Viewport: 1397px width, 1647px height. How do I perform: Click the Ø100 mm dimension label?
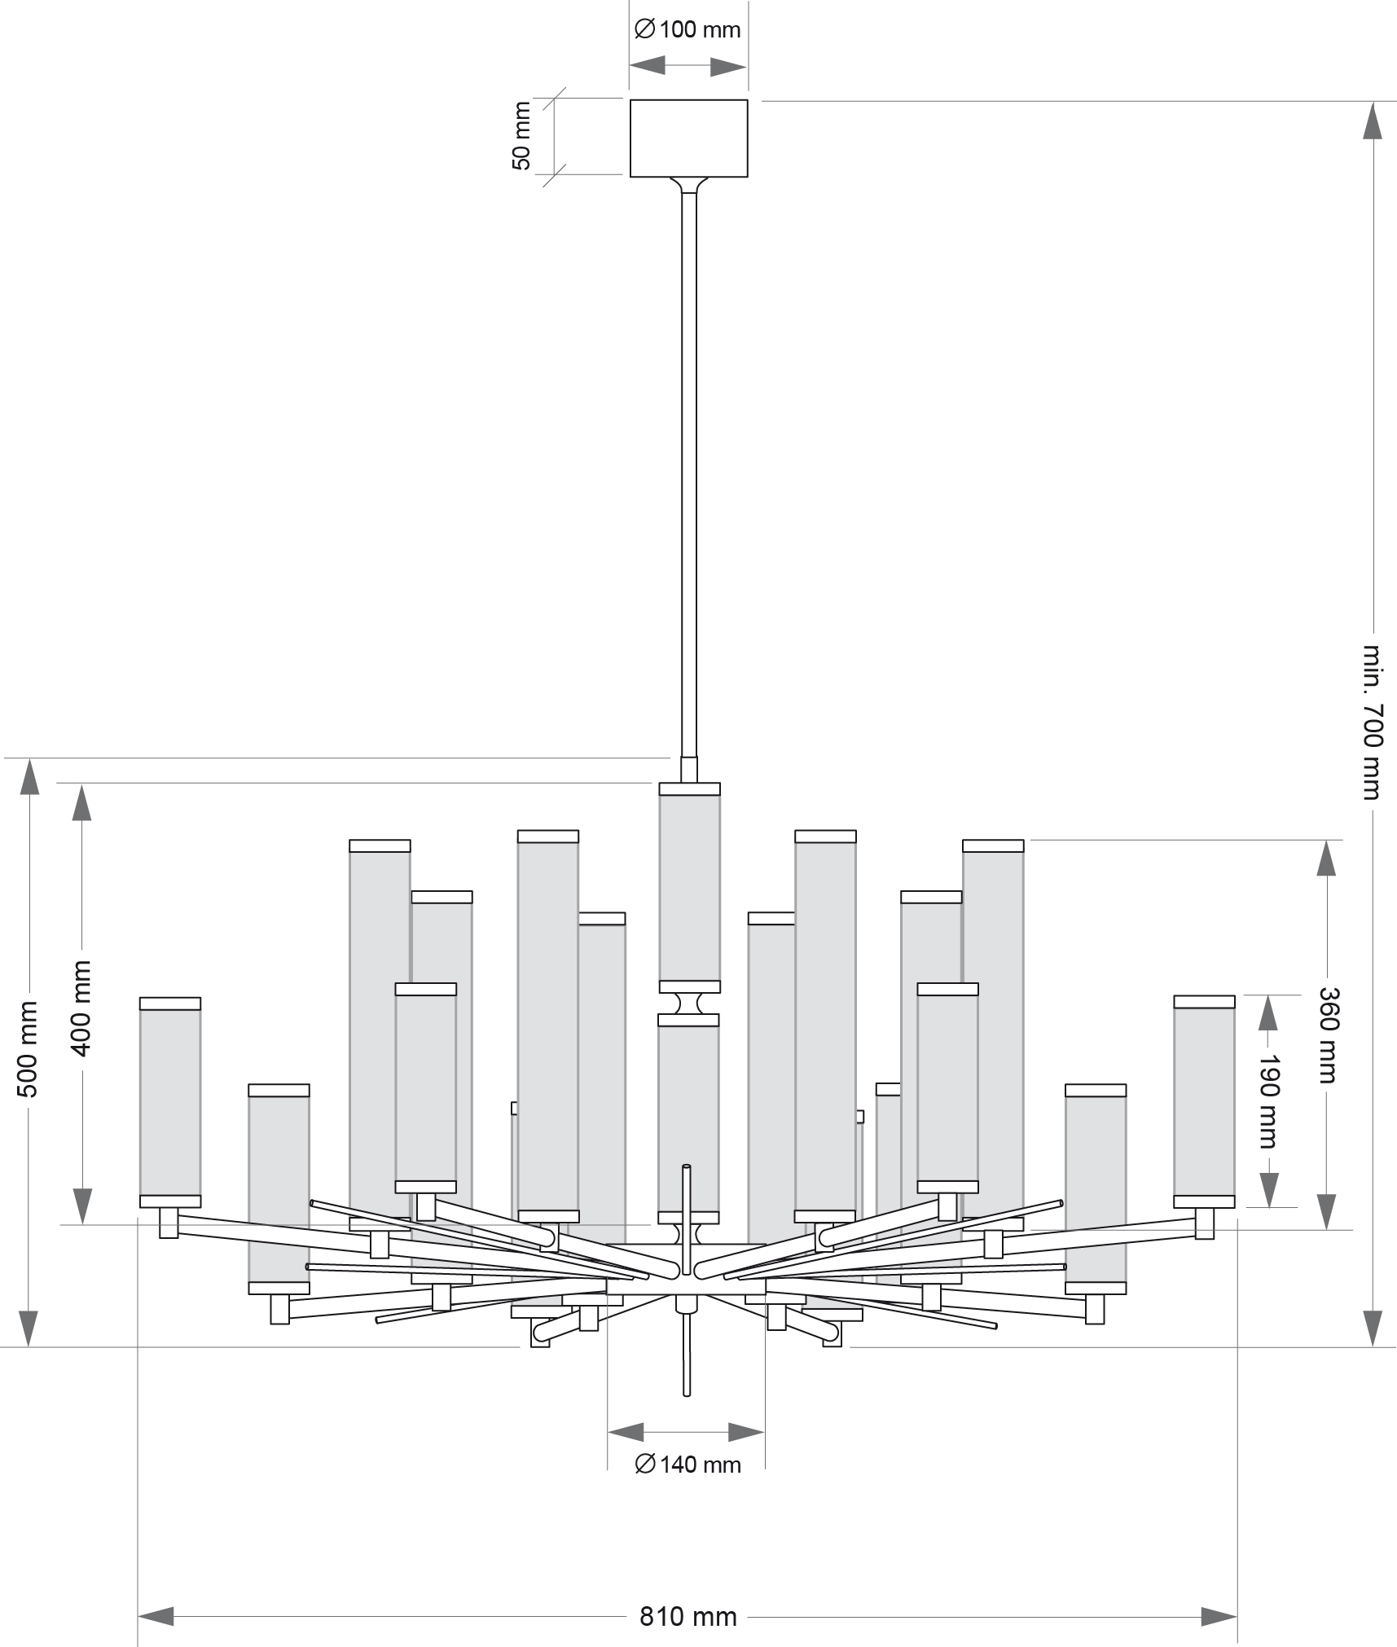click(688, 30)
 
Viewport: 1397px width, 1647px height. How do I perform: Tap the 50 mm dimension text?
click(521, 135)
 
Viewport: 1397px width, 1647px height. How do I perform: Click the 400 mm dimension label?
click(81, 1008)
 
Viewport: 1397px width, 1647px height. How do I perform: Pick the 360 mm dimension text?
click(1327, 1034)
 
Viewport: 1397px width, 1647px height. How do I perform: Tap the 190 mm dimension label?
click(1267, 1100)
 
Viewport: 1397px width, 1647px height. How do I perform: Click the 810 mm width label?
click(688, 1594)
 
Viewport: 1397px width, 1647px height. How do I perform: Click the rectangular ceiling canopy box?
click(688, 138)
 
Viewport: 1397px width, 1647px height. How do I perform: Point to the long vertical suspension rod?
click(689, 472)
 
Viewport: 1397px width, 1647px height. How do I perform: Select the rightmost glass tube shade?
click(1204, 1100)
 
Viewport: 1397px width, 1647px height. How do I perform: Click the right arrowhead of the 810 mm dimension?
click(1219, 1593)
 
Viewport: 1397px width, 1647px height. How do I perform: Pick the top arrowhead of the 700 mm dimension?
click(1373, 121)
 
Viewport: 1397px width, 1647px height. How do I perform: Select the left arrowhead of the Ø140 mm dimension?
click(626, 1432)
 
